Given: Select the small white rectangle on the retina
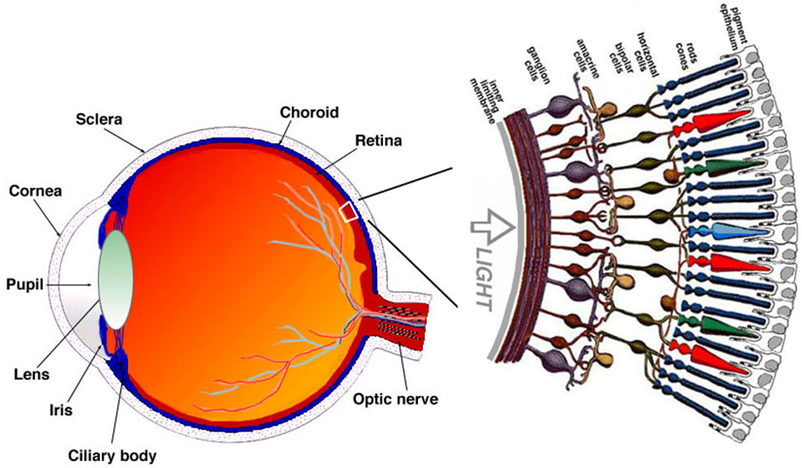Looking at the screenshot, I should click(349, 211).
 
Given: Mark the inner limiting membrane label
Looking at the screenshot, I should click(499, 96).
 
